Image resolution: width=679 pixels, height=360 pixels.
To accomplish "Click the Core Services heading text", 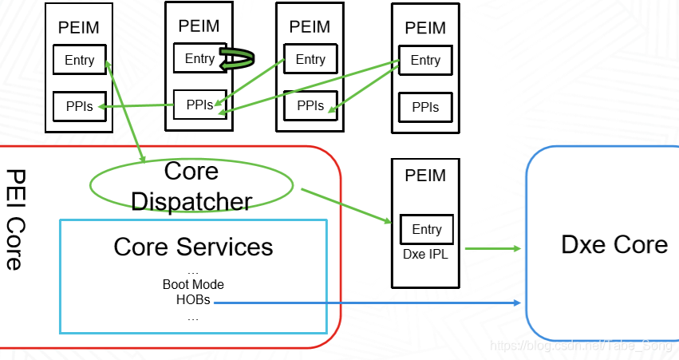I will [x=193, y=247].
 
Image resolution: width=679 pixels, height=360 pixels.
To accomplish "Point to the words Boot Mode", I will [x=193, y=284].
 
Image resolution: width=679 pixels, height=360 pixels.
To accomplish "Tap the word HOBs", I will [x=193, y=300].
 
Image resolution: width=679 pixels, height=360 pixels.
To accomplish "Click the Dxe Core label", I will [x=614, y=244].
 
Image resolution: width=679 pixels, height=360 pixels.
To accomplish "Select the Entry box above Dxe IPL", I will [x=426, y=229].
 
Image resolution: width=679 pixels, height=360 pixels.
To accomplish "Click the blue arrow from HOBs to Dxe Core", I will [x=367, y=303].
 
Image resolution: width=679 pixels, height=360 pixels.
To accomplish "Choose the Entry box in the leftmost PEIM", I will [x=79, y=60].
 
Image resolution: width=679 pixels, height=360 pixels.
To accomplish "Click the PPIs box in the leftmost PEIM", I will [x=79, y=107].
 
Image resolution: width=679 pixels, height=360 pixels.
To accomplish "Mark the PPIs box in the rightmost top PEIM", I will [x=425, y=107].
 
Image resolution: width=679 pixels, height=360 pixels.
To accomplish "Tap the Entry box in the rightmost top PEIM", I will [x=425, y=60].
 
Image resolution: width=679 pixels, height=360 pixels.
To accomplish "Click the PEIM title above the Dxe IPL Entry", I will [x=425, y=176].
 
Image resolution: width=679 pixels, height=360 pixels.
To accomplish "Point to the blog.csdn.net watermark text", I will [x=581, y=346].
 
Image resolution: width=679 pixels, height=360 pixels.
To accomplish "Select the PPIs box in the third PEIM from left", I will [x=310, y=105].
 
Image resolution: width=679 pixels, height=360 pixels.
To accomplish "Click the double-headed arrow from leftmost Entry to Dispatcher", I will [x=124, y=108].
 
